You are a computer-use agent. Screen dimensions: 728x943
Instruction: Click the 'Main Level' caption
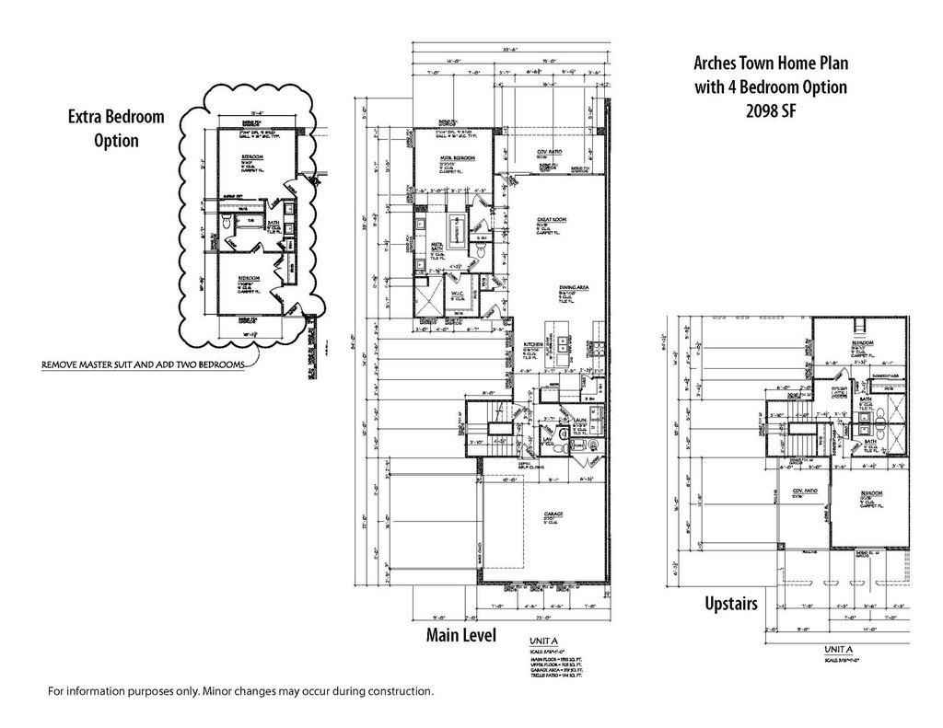pos(460,635)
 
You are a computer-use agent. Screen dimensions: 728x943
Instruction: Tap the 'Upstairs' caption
pos(730,604)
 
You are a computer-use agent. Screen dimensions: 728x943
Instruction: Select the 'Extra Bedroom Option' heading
pos(116,129)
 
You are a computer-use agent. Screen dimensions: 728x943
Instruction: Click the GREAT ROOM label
pos(551,221)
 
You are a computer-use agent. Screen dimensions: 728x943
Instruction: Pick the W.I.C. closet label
pos(456,295)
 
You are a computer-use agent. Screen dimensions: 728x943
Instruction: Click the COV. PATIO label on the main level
pos(551,151)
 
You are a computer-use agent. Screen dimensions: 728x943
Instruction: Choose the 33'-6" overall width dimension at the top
pos(507,51)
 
